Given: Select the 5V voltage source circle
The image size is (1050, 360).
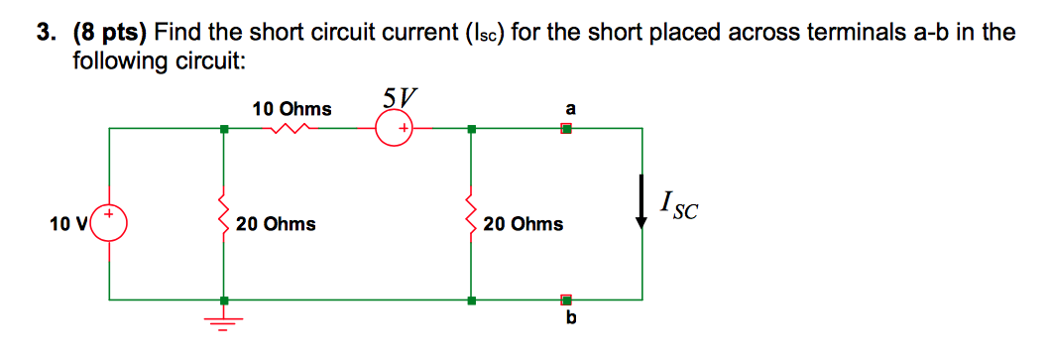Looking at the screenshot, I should tap(395, 129).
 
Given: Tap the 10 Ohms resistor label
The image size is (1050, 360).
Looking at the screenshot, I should tap(292, 108).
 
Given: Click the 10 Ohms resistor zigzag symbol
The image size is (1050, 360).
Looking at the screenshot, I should tap(292, 128).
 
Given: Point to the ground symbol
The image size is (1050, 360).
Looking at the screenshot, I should tap(223, 320).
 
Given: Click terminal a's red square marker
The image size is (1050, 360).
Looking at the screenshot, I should tap(566, 128).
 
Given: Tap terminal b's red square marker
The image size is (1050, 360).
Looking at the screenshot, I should tap(566, 299).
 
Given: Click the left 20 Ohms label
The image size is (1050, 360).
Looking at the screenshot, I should tap(276, 224).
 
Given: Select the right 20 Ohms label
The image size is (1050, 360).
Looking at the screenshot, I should tap(524, 224).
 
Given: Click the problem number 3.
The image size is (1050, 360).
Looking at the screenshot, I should tap(45, 33).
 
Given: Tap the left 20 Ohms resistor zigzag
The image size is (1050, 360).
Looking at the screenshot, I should tap(223, 210).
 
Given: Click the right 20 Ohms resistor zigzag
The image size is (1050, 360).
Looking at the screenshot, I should tap(471, 210).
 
